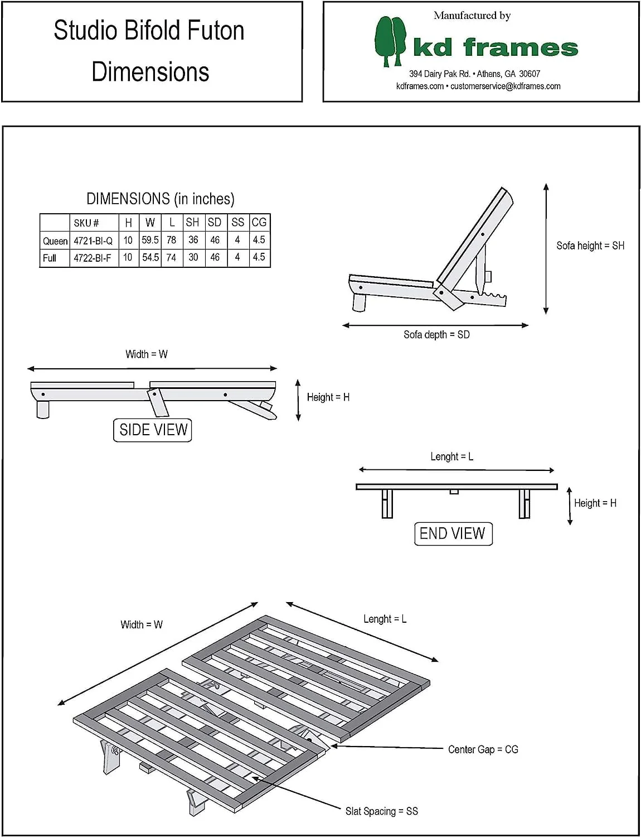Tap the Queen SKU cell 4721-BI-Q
point(93,240)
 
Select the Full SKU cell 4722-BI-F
point(93,258)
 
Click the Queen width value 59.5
point(150,240)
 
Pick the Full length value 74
point(171,257)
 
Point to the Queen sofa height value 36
point(193,240)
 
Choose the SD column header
point(215,222)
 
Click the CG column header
point(259,222)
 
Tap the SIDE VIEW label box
point(153,430)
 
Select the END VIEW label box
point(453,533)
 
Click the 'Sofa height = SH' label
point(590,246)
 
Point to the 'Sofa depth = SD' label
point(436,335)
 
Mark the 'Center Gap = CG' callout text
point(483,749)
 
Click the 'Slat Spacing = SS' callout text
point(381,811)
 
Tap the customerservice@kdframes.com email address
point(505,86)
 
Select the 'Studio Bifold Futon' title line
point(149,30)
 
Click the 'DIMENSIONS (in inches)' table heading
point(160,199)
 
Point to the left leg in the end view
point(387,503)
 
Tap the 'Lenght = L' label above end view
point(451,456)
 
